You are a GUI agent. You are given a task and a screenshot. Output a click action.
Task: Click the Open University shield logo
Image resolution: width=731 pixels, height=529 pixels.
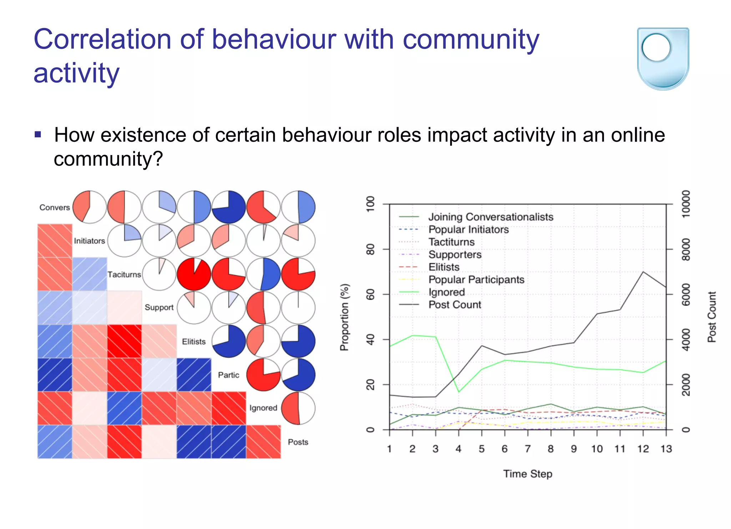[x=663, y=59]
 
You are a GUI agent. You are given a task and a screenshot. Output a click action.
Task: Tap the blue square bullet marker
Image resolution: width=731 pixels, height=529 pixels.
[x=38, y=135]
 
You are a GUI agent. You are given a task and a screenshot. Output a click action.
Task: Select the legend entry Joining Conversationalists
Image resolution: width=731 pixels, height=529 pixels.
[x=490, y=217]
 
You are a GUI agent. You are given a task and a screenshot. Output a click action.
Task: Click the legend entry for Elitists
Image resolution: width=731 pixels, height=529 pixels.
[x=444, y=267]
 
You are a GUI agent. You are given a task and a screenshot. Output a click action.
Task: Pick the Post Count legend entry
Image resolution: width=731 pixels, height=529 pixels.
[x=454, y=305]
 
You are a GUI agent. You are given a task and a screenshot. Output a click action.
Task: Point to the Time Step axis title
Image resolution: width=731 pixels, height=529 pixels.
[x=528, y=474]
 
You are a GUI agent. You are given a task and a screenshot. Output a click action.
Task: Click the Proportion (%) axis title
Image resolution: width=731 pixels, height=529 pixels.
[x=344, y=317]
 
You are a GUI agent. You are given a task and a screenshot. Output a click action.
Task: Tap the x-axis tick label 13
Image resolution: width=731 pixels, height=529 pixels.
[x=666, y=449]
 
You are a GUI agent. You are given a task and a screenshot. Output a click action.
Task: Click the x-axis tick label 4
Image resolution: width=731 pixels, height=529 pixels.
[x=458, y=449]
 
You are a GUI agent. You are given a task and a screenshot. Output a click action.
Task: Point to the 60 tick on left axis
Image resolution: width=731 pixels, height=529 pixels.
[x=370, y=294]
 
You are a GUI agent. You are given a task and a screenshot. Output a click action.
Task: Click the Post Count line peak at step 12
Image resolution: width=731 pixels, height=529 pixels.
[x=643, y=272]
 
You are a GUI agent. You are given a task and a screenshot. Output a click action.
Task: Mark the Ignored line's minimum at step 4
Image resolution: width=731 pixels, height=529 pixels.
[x=459, y=392]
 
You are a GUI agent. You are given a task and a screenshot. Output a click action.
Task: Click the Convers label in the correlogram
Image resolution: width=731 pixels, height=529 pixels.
[x=55, y=208]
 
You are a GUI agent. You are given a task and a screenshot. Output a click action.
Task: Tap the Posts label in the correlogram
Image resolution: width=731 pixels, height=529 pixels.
[x=298, y=442]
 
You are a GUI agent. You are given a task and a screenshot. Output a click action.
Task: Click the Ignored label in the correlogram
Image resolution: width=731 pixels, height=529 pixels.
[x=263, y=408]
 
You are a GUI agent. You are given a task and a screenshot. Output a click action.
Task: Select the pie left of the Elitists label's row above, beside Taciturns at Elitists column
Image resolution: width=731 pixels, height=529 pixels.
[x=194, y=274]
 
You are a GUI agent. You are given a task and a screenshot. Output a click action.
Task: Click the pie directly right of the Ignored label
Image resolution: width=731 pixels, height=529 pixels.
[x=298, y=408]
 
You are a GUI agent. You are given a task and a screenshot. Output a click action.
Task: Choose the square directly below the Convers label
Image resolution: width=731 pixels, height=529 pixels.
[x=55, y=241]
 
